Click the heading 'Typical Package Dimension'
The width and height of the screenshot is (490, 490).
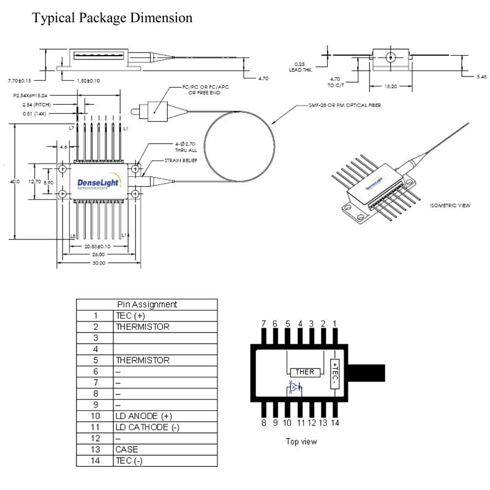[112, 18]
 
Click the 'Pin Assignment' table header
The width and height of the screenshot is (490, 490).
[147, 304]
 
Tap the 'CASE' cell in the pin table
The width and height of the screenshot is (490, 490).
[127, 450]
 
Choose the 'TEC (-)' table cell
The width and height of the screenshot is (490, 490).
[129, 461]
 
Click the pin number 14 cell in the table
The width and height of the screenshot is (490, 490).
[96, 461]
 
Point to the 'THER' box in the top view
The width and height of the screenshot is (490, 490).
[305, 372]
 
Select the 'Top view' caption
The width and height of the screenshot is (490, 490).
[301, 441]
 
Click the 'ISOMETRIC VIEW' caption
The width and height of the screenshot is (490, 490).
[450, 205]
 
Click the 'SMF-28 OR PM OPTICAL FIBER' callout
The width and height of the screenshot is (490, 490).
[345, 106]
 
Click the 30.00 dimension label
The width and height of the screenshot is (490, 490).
[98, 263]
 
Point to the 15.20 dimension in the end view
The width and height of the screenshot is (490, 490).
[390, 87]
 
